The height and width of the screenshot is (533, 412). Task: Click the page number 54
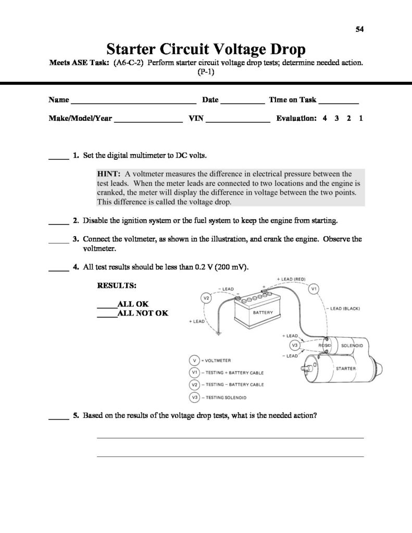click(359, 29)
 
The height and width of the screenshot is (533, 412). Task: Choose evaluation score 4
click(324, 119)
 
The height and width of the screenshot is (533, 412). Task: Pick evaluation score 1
click(360, 119)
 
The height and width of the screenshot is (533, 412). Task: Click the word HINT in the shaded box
click(109, 174)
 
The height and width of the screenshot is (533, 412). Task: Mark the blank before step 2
click(59, 223)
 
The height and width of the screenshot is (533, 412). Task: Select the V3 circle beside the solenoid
click(294, 345)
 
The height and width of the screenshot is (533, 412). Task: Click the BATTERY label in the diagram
click(263, 313)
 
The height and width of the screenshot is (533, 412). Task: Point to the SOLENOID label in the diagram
click(352, 345)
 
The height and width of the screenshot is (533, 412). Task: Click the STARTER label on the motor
click(346, 369)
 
